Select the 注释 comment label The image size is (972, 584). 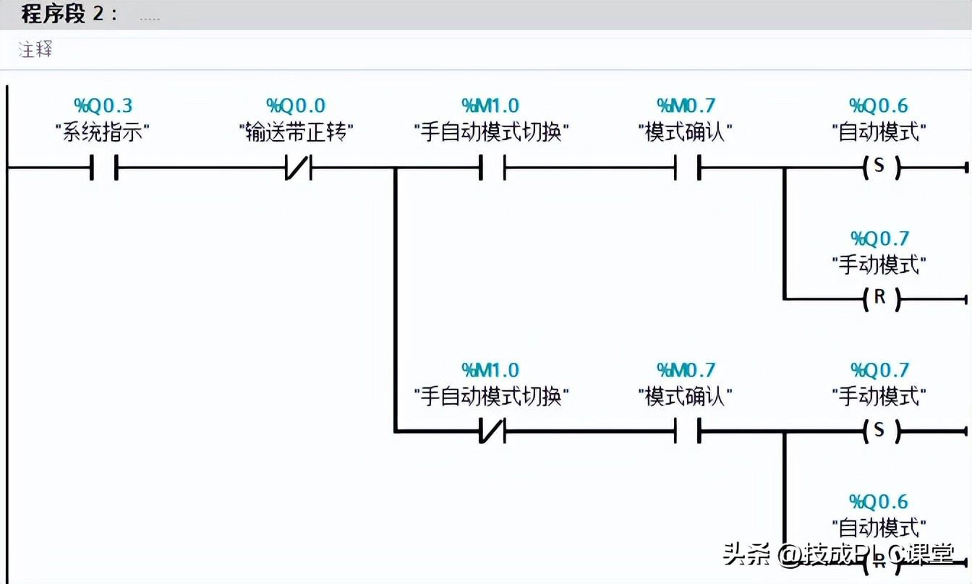(35, 51)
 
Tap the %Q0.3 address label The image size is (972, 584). (103, 106)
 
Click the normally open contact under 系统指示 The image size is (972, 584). (103, 168)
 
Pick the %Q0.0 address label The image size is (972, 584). (296, 106)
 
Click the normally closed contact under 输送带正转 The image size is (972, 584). (297, 168)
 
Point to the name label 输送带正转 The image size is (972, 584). (296, 133)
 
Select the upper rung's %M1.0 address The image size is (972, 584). (490, 106)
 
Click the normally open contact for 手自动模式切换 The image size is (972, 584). (491, 168)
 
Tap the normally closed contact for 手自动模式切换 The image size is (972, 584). (491, 431)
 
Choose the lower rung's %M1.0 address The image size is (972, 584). (490, 370)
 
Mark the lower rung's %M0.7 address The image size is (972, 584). (686, 370)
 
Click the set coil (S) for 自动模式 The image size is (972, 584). (879, 167)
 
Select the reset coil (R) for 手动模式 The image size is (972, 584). (879, 298)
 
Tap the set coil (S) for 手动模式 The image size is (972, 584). (879, 431)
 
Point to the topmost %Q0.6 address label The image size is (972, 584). (879, 106)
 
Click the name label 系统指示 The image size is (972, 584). (103, 133)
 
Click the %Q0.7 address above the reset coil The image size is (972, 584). (879, 239)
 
